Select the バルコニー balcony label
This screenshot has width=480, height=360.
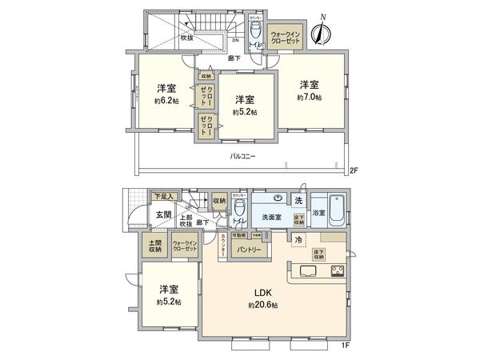[x=242, y=156]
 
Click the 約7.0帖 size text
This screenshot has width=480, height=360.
[x=310, y=97]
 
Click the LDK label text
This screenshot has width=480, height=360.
[x=263, y=292]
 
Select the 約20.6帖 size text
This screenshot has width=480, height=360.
[x=263, y=305]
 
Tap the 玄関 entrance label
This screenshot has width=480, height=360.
[x=163, y=214]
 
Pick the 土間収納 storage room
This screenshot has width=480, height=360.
[x=153, y=246]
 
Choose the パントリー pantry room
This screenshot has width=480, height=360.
[x=246, y=250]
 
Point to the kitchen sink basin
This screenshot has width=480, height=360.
[x=308, y=270]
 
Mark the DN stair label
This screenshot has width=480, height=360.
[x=235, y=42]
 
